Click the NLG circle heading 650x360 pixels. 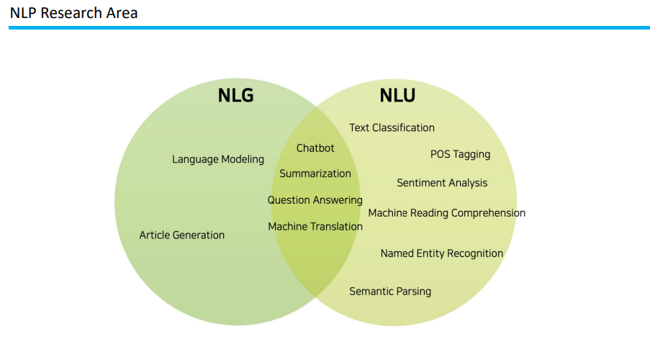[x=235, y=95]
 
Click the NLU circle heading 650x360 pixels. [x=397, y=95]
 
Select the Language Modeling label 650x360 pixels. [x=218, y=159]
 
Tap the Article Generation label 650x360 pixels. [x=182, y=235]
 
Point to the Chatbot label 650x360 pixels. [x=315, y=148]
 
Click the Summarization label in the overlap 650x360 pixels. [x=315, y=174]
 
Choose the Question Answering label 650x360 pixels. [x=315, y=200]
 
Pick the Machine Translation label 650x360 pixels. [x=315, y=226]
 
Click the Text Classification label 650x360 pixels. [x=392, y=127]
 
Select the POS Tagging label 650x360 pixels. [x=460, y=154]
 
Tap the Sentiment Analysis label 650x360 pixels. [x=442, y=183]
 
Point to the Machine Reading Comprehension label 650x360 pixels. [x=446, y=213]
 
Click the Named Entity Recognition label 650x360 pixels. [x=442, y=253]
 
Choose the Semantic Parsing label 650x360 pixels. [x=390, y=292]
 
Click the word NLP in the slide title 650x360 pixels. [x=23, y=13]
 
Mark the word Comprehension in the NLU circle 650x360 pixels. [x=489, y=213]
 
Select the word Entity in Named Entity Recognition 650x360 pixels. [x=430, y=253]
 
